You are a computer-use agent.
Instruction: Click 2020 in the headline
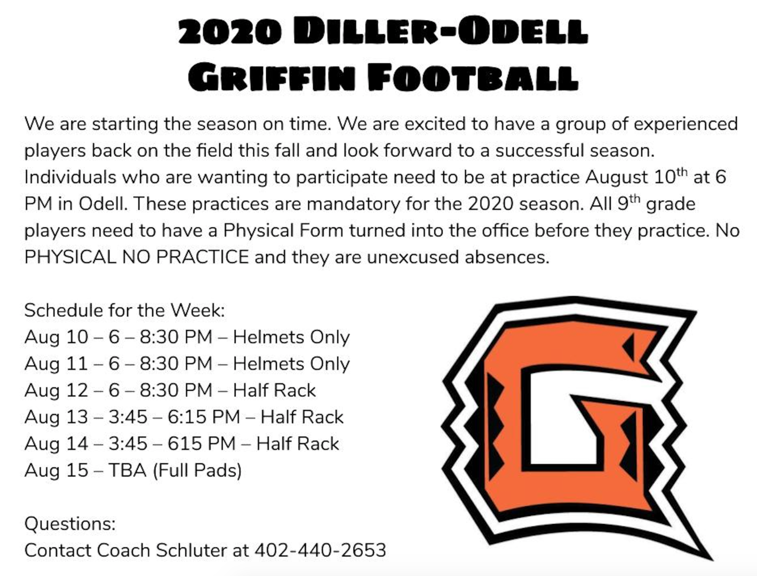229,33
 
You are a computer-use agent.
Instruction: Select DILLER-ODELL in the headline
440,33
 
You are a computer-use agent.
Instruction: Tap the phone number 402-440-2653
320,550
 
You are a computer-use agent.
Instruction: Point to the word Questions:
70,523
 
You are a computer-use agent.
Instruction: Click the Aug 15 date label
56,470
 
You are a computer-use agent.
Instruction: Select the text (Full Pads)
197,470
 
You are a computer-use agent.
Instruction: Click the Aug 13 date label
56,417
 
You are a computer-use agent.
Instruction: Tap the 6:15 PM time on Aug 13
203,417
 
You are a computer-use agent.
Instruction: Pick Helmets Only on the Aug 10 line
291,337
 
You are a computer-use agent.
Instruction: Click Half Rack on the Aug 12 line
274,390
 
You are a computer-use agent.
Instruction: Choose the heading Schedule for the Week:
125,310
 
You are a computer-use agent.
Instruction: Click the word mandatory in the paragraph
354,204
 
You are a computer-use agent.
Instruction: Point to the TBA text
127,470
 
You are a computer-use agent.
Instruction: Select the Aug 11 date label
56,364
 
